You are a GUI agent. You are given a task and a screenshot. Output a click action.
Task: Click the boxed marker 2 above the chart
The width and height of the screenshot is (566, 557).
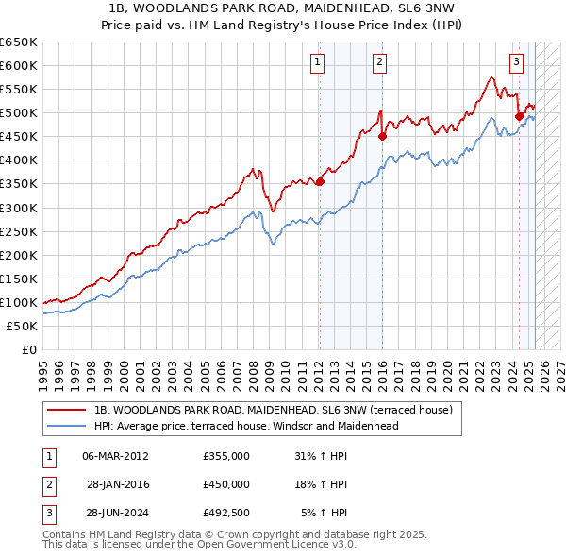point(378,63)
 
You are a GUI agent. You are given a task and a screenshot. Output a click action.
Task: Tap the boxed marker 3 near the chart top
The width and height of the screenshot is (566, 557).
point(516,63)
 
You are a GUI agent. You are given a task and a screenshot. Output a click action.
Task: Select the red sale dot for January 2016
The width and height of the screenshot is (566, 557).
point(382,136)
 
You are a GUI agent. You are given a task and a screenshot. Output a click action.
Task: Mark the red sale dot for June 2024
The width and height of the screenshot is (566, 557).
point(519,116)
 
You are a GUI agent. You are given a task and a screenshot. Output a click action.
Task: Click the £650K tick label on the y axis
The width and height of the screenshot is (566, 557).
point(19,42)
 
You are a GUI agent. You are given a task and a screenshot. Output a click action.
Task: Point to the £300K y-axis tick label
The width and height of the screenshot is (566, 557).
point(19,208)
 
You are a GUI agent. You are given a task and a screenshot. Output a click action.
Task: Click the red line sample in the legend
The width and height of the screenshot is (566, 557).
point(67,410)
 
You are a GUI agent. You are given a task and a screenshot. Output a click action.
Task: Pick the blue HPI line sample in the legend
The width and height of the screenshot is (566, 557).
point(67,426)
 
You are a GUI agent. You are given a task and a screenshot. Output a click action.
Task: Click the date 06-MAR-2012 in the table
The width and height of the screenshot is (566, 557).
point(116,456)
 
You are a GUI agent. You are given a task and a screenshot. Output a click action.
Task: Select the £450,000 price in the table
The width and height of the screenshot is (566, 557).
point(226,484)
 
